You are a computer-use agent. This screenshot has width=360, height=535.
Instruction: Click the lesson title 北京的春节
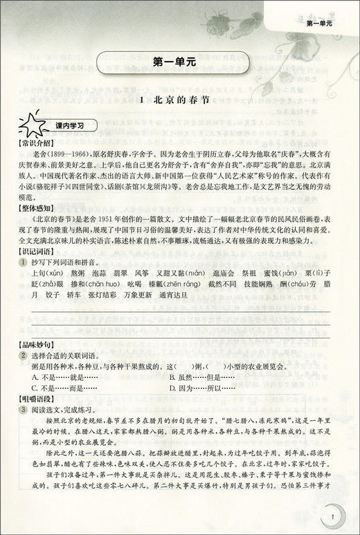[179, 100]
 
